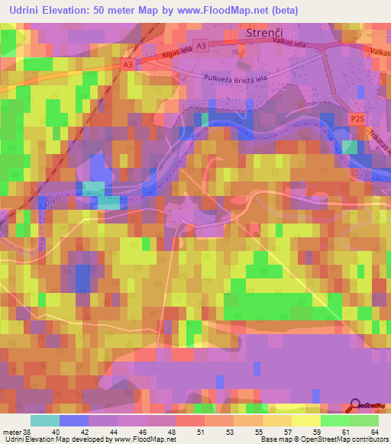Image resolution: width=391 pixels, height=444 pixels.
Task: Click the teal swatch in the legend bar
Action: click(x=45, y=420)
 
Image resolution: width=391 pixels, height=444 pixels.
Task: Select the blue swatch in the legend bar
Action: click(x=74, y=420)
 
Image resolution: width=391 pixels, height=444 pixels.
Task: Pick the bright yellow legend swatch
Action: click(x=305, y=420)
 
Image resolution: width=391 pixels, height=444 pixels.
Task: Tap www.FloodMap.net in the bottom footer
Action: click(x=141, y=439)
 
